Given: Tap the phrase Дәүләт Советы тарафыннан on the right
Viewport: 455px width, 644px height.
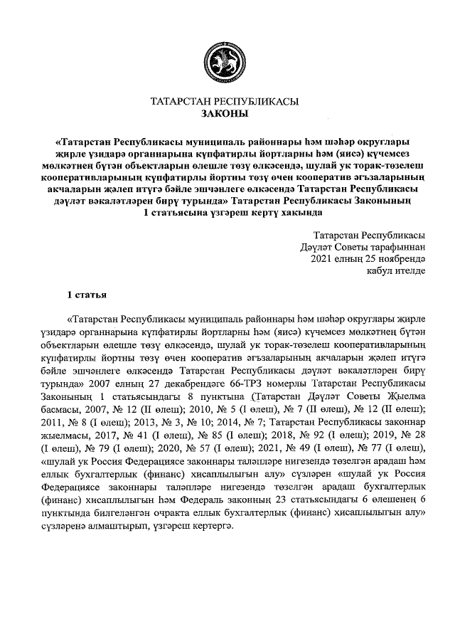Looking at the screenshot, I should click(364, 246).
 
